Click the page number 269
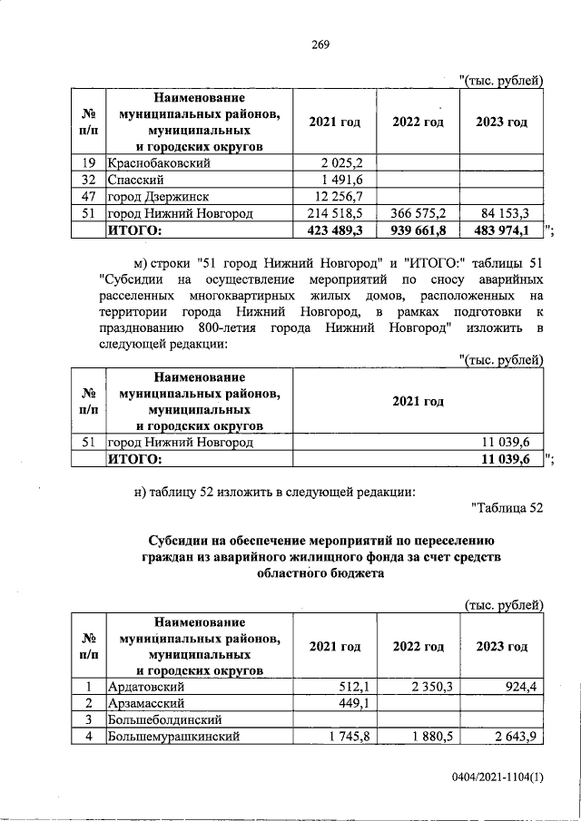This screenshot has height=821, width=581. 319,45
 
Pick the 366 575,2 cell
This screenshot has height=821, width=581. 419,214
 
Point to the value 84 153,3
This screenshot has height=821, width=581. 505,214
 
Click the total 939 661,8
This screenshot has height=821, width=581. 419,230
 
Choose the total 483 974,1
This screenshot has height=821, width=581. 502,230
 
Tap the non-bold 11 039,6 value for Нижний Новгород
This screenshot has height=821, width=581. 505,443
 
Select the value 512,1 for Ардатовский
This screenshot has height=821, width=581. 347,687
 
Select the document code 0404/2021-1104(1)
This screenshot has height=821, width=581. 497,779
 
